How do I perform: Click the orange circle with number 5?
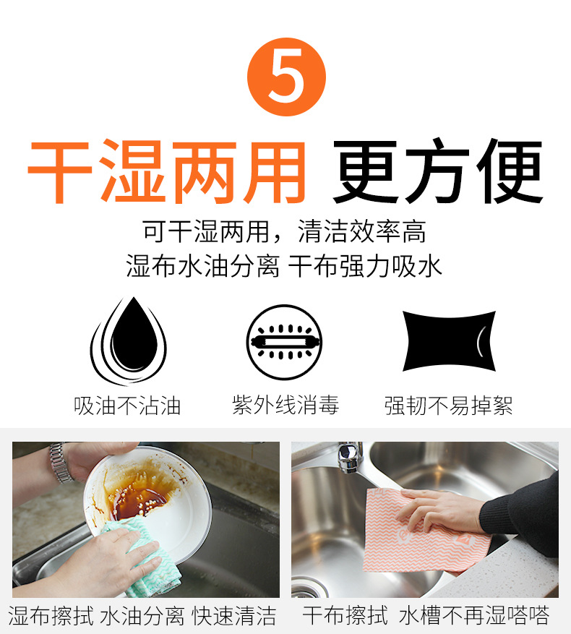[x=286, y=77]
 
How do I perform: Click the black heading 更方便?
[x=437, y=171]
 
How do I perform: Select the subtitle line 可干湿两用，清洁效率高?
[x=284, y=231]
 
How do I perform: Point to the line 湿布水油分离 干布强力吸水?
[x=284, y=266]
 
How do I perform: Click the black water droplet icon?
[x=129, y=340]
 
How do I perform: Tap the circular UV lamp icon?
[x=284, y=342]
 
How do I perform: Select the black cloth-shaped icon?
[x=449, y=340]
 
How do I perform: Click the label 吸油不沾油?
[x=127, y=406]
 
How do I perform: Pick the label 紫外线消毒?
[x=285, y=405]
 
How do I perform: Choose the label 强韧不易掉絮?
[x=448, y=406]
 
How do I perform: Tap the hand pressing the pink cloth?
[x=441, y=510]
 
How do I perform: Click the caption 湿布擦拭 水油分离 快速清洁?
[x=142, y=616]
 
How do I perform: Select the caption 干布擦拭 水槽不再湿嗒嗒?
[x=426, y=616]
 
